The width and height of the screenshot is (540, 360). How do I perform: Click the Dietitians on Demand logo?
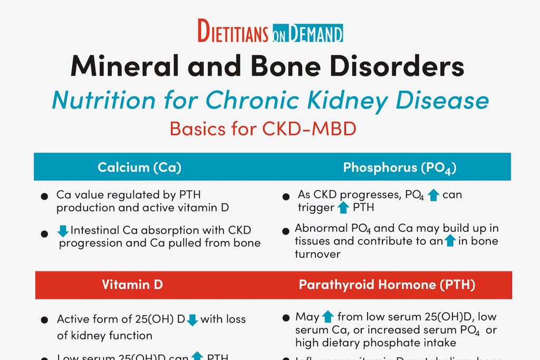(270, 31)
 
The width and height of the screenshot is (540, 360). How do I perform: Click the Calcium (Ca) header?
(139, 168)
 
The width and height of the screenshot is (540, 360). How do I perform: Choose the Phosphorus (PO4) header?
(399, 168)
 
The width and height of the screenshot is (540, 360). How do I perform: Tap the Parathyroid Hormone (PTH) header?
(387, 285)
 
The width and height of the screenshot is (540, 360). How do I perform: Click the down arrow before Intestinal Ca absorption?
(63, 230)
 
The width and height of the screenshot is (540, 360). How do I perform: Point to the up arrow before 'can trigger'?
(433, 195)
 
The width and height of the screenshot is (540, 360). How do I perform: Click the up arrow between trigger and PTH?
(343, 208)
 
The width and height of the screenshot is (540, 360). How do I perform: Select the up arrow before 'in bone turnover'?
(450, 241)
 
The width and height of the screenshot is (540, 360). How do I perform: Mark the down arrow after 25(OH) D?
(192, 319)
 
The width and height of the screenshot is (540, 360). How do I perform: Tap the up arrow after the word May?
(328, 317)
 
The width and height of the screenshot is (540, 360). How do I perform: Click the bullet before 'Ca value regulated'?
(45, 196)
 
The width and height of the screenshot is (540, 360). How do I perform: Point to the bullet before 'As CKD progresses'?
(286, 196)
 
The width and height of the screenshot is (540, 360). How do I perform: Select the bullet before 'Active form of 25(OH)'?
(45, 320)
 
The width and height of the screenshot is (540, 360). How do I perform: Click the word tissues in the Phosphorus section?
(313, 241)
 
